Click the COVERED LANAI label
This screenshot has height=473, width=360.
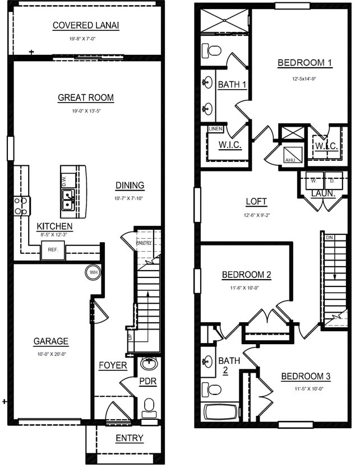pos(86,25)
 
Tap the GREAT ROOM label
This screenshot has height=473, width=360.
pos(86,98)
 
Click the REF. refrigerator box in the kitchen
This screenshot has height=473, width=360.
pos(53,250)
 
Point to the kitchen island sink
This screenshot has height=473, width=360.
pos(68,198)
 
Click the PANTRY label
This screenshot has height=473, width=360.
pos(144,243)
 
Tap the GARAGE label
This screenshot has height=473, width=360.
pos(50,341)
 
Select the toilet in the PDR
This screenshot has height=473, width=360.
pos(149,407)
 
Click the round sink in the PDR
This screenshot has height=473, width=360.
pos(149,364)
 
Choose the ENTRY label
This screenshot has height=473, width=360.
pos(129,438)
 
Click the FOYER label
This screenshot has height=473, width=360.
pos(113,365)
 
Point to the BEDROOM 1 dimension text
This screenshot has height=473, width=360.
pos(304,79)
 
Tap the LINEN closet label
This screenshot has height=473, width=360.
pos(216,129)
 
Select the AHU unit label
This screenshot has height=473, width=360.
pos(290,160)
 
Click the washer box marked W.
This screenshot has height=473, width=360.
pos(314,181)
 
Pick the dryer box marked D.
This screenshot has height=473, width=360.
pos(332,181)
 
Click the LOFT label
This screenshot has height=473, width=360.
pos(256,201)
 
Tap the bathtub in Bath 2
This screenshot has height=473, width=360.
pos(220,412)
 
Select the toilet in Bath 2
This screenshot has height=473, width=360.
pos(212,389)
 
